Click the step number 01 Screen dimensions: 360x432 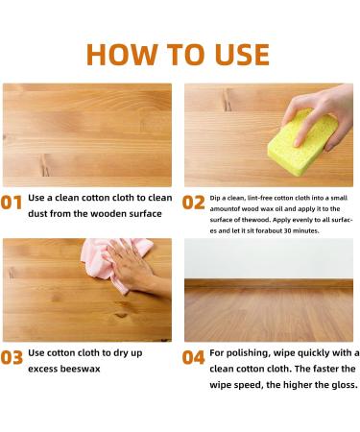[x=12, y=203]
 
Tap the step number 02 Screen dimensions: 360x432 [x=193, y=203]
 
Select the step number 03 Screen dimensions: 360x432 [x=12, y=358]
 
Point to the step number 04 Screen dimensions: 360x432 [x=193, y=358]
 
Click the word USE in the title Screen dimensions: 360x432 [x=242, y=55]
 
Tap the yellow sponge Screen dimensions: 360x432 [x=302, y=142]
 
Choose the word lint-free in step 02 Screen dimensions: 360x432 [x=260, y=198]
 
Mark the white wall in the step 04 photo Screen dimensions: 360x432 [x=269, y=258]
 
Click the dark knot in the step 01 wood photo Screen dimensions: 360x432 [x=45, y=165]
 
